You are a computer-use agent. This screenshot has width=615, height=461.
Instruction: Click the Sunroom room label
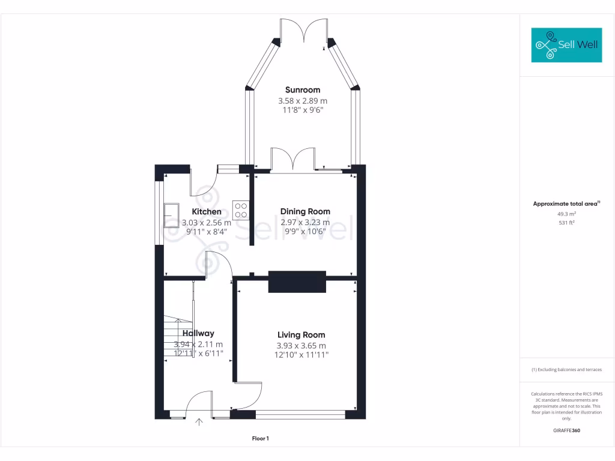point(302,90)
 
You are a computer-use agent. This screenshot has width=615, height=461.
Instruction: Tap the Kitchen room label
point(207,211)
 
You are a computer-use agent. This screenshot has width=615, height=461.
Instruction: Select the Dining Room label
point(305,211)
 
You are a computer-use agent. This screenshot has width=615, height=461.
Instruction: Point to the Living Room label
point(301,335)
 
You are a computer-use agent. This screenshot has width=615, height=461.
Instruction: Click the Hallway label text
point(198,333)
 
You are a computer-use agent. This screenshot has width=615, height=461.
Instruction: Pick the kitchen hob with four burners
point(241,209)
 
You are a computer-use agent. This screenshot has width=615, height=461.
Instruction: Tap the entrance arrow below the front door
point(199,421)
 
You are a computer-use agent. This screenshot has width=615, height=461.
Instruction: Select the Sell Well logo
point(566,45)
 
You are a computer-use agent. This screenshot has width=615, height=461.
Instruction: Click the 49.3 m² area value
point(566,214)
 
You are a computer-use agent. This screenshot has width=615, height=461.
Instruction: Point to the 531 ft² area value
point(566,223)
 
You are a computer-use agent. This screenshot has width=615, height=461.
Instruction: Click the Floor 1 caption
point(260,439)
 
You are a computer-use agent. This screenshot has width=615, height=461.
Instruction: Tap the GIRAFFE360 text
point(566,430)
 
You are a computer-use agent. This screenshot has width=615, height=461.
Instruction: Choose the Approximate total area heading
point(565,204)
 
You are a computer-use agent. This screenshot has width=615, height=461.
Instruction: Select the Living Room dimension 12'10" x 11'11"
point(301,355)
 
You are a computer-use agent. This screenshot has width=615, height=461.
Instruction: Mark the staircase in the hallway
point(178,339)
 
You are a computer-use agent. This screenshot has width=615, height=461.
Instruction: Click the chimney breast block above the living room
point(297,282)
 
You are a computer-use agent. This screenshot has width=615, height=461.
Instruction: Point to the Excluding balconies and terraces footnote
point(566,370)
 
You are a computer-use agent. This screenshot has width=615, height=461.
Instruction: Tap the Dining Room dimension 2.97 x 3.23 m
point(305,222)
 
